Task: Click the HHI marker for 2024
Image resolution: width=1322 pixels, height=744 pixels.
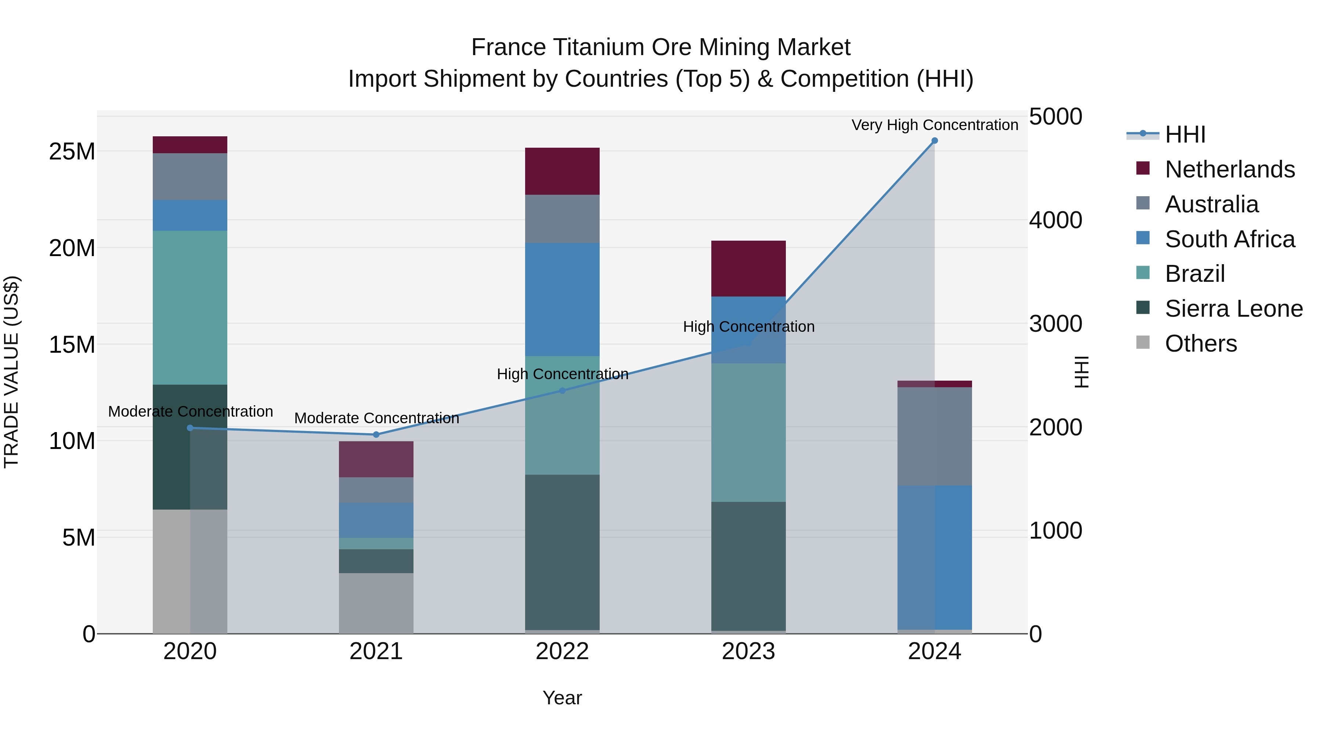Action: click(935, 141)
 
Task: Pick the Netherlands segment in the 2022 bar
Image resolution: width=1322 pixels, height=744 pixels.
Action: click(562, 171)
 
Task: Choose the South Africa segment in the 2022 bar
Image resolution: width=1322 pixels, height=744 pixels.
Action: click(562, 299)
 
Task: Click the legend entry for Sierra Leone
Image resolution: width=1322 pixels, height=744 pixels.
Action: click(1233, 309)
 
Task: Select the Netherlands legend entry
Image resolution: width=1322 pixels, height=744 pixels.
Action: click(1229, 169)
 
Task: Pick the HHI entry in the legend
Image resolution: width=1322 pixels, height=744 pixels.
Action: click(1185, 134)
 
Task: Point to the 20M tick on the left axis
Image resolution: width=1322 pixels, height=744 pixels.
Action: click(72, 248)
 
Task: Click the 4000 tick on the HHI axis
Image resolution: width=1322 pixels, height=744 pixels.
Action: click(1056, 220)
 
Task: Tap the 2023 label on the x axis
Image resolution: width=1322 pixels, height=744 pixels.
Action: click(748, 651)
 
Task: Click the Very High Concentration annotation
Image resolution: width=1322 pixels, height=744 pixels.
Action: click(935, 125)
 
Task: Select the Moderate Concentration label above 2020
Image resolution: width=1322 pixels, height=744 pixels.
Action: click(190, 411)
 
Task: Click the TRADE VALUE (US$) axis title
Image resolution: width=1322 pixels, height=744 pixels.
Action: click(11, 372)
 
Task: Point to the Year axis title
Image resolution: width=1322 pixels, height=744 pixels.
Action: click(562, 698)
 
